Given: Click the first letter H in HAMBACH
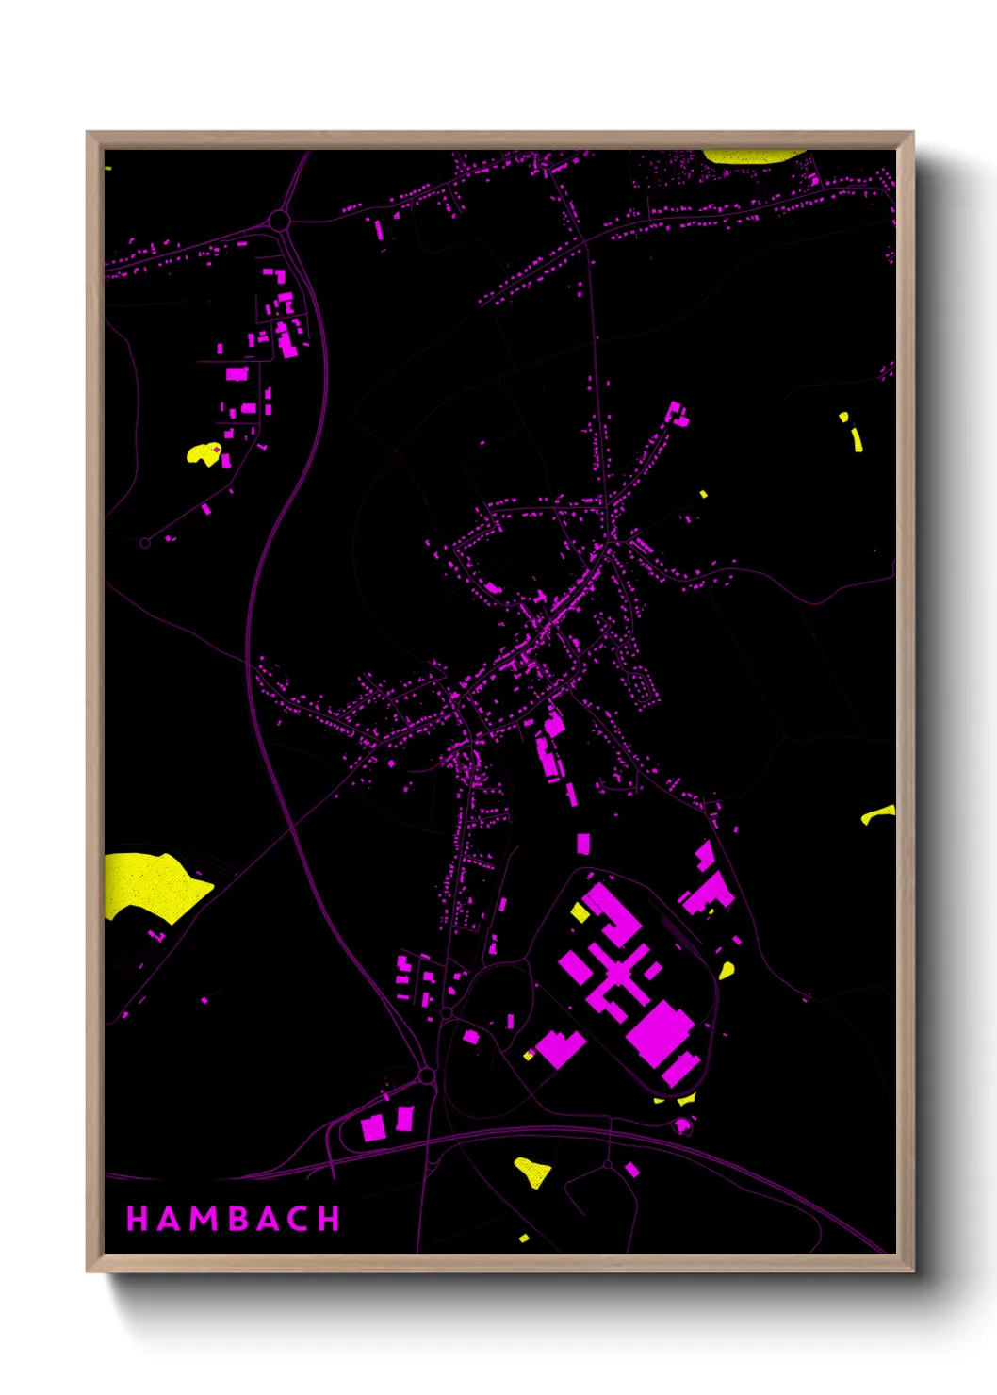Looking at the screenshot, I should (137, 1219).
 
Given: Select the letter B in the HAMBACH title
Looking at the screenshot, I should (234, 1219).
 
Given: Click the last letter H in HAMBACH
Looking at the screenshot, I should (329, 1219).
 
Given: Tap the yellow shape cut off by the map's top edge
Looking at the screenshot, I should (751, 156).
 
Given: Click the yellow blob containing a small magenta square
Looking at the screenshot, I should (204, 454).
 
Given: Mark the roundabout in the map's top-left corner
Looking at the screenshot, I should (278, 222).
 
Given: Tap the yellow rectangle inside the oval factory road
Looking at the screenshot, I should (580, 912).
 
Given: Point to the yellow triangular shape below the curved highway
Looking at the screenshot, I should (532, 1172).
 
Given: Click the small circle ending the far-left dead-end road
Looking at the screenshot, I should (144, 543).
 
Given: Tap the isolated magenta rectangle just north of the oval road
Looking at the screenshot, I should (583, 843).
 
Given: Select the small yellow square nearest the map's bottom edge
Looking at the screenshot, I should (524, 1238).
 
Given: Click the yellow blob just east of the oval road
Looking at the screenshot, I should (727, 970).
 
